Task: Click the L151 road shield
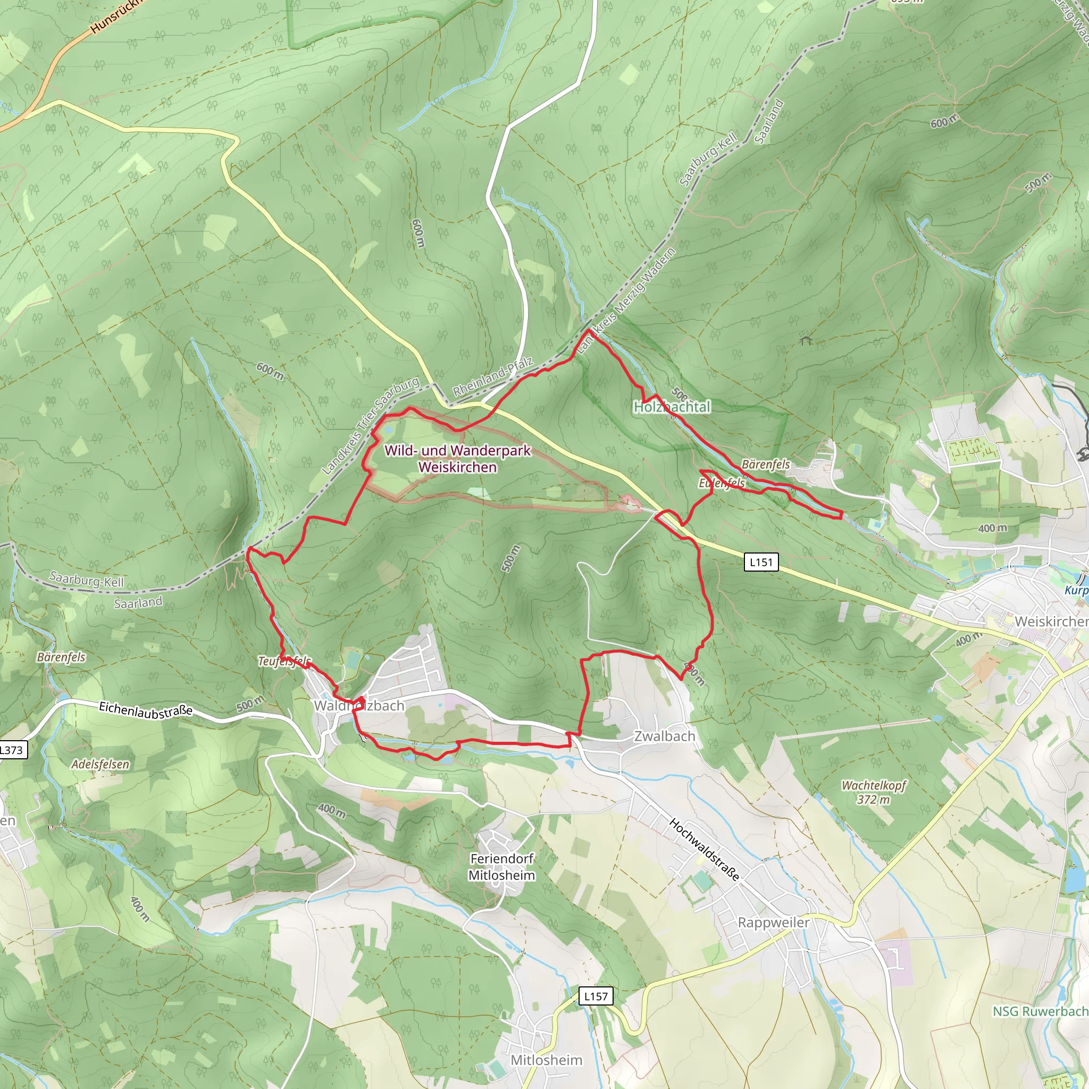(x=761, y=562)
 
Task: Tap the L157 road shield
(x=596, y=996)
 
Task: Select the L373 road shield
(x=11, y=750)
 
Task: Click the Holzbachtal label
(x=672, y=406)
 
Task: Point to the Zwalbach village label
(x=665, y=736)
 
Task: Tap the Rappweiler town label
(x=773, y=922)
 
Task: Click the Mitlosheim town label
(x=546, y=1060)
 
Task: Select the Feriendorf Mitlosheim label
(x=501, y=867)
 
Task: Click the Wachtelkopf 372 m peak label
(x=874, y=792)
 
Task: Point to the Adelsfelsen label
(x=100, y=764)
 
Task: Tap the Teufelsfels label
(x=284, y=660)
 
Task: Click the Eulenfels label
(x=722, y=483)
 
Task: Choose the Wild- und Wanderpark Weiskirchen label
(x=458, y=458)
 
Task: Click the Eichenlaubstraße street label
(x=145, y=710)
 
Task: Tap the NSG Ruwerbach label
(x=1040, y=1011)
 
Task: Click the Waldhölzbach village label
(x=359, y=706)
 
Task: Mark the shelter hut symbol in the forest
(x=806, y=340)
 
